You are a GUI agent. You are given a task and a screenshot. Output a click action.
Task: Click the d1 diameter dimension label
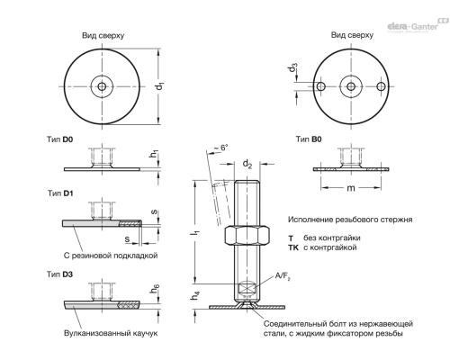(160, 85)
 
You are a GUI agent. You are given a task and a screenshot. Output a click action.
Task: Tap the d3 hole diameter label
(292, 68)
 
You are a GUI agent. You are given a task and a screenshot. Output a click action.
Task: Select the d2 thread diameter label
(247, 164)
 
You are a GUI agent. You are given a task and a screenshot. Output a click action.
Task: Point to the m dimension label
(351, 188)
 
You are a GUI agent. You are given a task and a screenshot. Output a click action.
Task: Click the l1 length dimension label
(196, 231)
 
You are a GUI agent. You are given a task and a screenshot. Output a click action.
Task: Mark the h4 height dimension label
(195, 295)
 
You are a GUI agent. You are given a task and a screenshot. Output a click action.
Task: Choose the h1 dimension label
(154, 154)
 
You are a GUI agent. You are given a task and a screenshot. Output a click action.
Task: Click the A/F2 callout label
(283, 276)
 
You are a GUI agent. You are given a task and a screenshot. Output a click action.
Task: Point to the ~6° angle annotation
(220, 148)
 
